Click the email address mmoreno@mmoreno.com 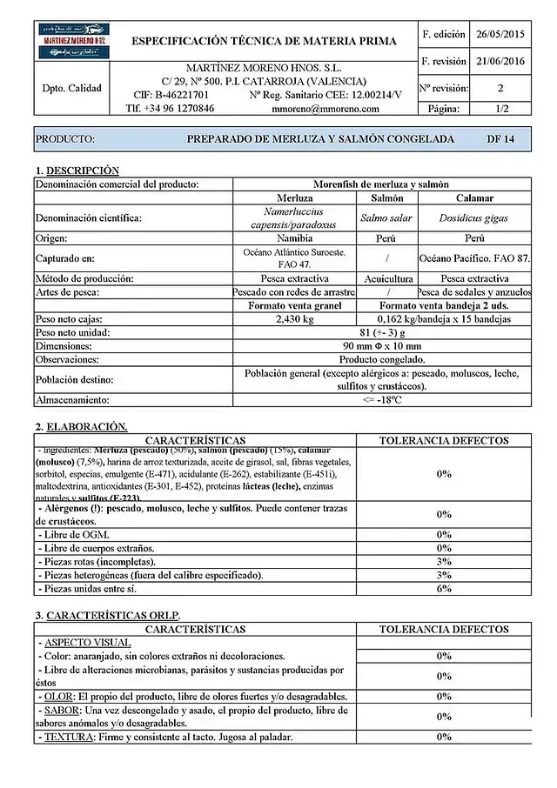pos(325,110)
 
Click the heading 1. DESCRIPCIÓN pos(77,170)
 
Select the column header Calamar pos(474,198)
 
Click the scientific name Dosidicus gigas pos(474,218)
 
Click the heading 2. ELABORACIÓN pos(81,427)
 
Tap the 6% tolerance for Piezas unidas pos(444,589)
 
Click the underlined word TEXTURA pos(67,737)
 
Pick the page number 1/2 pos(501,110)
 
